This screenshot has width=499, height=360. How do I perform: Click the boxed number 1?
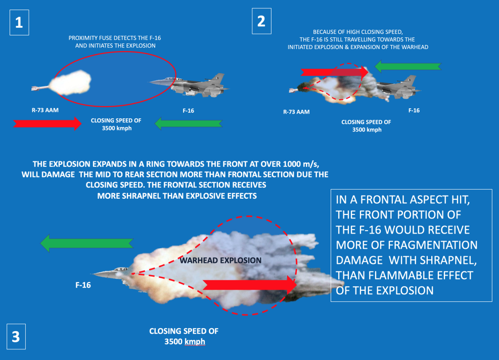coord(19,22)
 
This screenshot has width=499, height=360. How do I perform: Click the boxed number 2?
coord(261,21)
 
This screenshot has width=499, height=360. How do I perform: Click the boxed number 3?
coord(16,336)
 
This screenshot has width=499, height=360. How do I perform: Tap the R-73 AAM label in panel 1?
coord(45,110)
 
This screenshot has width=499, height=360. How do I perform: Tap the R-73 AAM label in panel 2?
coord(296,112)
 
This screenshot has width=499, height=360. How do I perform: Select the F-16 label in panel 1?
coord(189,110)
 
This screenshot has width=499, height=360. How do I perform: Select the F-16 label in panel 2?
coord(414,110)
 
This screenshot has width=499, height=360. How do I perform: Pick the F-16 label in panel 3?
coord(83,285)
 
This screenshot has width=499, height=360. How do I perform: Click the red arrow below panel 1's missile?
coord(48,123)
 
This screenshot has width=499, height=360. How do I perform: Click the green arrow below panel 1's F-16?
coord(189,123)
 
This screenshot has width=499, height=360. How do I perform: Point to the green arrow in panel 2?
coord(408,67)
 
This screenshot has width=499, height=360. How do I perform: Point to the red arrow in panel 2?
coord(335,72)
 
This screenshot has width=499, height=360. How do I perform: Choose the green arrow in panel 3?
coord(86,243)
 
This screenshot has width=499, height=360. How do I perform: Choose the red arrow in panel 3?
coord(250,285)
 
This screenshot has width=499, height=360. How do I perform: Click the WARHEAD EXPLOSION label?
coord(220,260)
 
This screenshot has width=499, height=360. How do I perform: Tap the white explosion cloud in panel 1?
coord(71,83)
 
